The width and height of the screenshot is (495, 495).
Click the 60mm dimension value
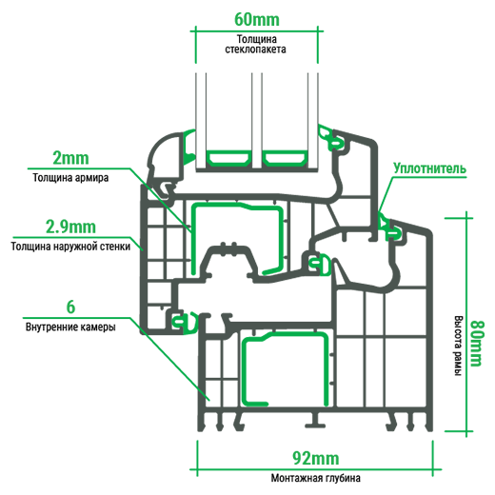tap(257, 20)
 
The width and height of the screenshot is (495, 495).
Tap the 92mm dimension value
tap(316, 458)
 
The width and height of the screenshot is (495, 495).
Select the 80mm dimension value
tap(476, 344)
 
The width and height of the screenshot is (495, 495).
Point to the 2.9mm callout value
tap(70, 227)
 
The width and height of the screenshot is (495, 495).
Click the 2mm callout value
tap(70, 158)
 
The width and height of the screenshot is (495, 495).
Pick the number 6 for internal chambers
tap(70, 307)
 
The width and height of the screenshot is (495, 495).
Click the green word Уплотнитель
tap(430, 168)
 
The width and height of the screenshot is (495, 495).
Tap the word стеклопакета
tap(256, 49)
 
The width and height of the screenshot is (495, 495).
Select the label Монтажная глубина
tap(316, 478)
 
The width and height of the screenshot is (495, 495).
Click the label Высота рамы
tap(457, 346)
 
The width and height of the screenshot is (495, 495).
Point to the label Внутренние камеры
tap(70, 327)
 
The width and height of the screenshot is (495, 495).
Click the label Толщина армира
tap(70, 178)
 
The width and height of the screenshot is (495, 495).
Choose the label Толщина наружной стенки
tap(70, 247)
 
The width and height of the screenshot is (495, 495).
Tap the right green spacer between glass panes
tap(285, 158)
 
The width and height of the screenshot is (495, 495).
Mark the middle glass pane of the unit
tap(257, 122)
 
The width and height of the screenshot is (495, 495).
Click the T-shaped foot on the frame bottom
tap(315, 421)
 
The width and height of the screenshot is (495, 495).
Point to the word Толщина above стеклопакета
tap(257, 39)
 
